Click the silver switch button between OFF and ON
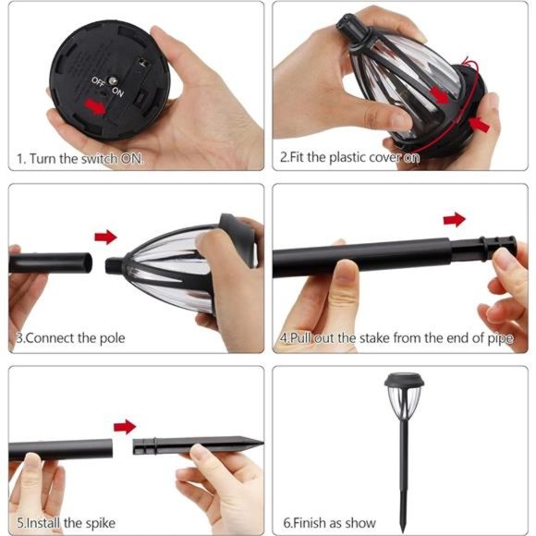112,81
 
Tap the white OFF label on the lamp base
98,81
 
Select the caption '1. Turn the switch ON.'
80,159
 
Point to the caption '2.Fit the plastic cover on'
349,157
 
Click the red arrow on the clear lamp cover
440,94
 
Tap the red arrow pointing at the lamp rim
480,125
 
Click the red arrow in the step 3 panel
105,237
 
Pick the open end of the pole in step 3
88,262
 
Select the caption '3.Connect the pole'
71,338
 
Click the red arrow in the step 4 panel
455,219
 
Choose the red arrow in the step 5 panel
125,427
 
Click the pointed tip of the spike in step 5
262,443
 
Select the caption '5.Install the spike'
66,523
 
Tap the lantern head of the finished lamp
405,396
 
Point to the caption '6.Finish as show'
329,523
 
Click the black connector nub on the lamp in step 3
113,266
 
